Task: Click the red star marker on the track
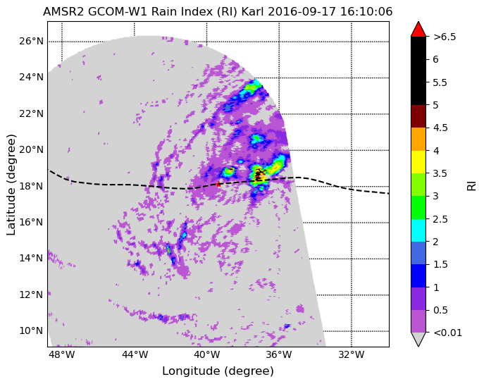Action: pos(218,185)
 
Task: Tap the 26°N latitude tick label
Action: pos(31,41)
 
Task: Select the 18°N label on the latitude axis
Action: pos(31,186)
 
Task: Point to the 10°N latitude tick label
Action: pos(31,330)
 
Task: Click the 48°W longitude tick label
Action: pos(62,354)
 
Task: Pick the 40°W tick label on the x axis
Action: pos(206,354)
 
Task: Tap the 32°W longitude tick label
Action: pos(352,354)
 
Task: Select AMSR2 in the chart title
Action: pos(63,12)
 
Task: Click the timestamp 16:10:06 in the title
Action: pos(366,12)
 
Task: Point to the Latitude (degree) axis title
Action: pos(11,185)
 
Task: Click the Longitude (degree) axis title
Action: pos(218,371)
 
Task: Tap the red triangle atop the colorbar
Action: pos(418,29)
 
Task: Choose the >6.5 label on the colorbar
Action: pos(445,37)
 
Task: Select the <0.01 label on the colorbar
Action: pos(447,333)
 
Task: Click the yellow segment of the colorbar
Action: pos(418,162)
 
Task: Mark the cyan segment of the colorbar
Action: pos(418,230)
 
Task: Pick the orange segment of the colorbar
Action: pos(418,140)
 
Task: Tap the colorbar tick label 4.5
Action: pos(440,128)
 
